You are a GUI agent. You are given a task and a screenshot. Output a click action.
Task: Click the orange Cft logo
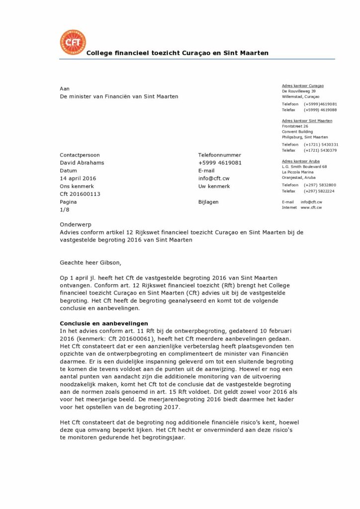(x=73, y=42)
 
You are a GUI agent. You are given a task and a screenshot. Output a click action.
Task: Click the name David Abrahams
(x=82, y=163)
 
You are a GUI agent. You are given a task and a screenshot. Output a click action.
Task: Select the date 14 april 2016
(x=78, y=178)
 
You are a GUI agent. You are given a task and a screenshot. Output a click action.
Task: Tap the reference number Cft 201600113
(x=80, y=194)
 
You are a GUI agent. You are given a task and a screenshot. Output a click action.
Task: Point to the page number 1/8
(x=65, y=210)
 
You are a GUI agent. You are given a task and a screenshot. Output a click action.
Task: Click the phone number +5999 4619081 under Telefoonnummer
(x=220, y=163)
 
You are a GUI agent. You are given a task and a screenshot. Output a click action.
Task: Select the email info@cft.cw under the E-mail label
(x=214, y=178)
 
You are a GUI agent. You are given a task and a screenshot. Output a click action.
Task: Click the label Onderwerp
(x=76, y=225)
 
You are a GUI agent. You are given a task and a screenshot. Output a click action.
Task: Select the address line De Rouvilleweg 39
(x=299, y=91)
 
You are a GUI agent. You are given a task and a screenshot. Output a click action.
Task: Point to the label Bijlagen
(x=208, y=202)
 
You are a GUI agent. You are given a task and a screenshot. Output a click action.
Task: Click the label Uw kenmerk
(x=214, y=186)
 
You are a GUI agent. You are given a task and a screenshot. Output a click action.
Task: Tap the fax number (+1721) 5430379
(x=320, y=150)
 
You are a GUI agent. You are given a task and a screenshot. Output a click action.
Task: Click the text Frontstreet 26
(x=295, y=126)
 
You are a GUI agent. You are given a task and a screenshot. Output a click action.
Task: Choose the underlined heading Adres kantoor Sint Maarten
(x=307, y=121)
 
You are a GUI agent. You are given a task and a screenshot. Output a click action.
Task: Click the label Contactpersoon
(x=80, y=155)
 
